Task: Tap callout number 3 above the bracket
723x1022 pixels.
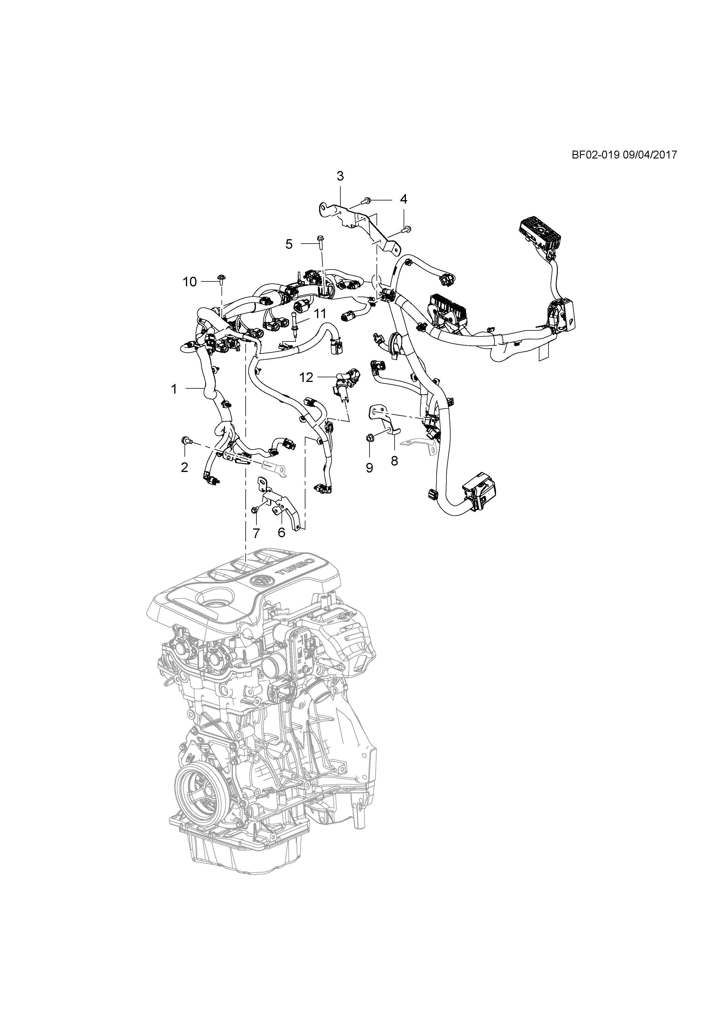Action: click(340, 176)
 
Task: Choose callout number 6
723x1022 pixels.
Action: click(282, 532)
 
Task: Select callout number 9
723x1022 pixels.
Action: click(370, 468)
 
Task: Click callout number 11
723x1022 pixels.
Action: click(320, 313)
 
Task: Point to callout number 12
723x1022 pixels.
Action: click(306, 378)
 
